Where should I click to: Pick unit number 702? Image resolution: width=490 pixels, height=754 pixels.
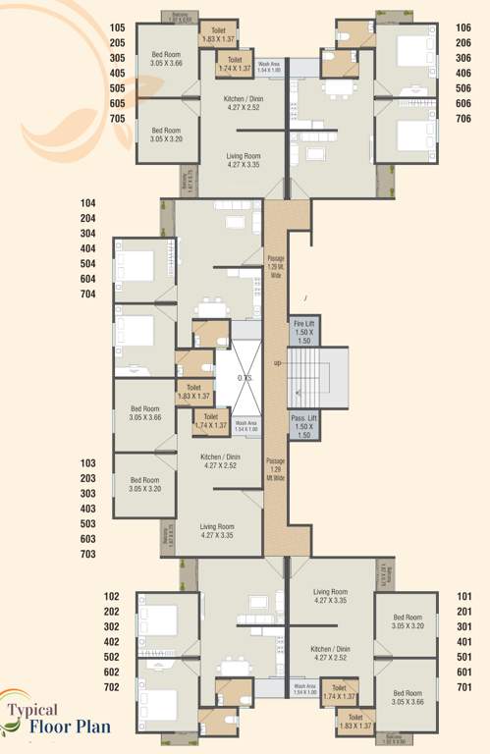click(112, 686)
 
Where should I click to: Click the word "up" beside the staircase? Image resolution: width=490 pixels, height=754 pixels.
click(278, 363)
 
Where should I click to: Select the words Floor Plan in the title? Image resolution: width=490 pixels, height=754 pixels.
click(68, 728)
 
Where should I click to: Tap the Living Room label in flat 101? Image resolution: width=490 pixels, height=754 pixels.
click(331, 596)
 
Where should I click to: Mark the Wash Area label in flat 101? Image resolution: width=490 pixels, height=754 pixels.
click(304, 690)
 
